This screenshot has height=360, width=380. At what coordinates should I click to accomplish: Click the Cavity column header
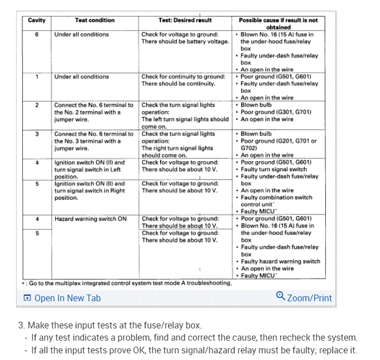37,20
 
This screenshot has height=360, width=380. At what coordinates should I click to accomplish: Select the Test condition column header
95,20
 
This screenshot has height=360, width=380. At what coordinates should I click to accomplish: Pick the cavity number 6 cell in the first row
37,34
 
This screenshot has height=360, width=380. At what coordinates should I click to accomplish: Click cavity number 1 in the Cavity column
37,77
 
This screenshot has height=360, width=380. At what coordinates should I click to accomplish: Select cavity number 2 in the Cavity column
37,105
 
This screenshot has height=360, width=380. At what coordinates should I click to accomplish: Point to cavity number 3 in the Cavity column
37,134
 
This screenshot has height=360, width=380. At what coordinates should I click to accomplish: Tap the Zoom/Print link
309,298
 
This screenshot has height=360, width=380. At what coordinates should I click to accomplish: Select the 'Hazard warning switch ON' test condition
90,219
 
